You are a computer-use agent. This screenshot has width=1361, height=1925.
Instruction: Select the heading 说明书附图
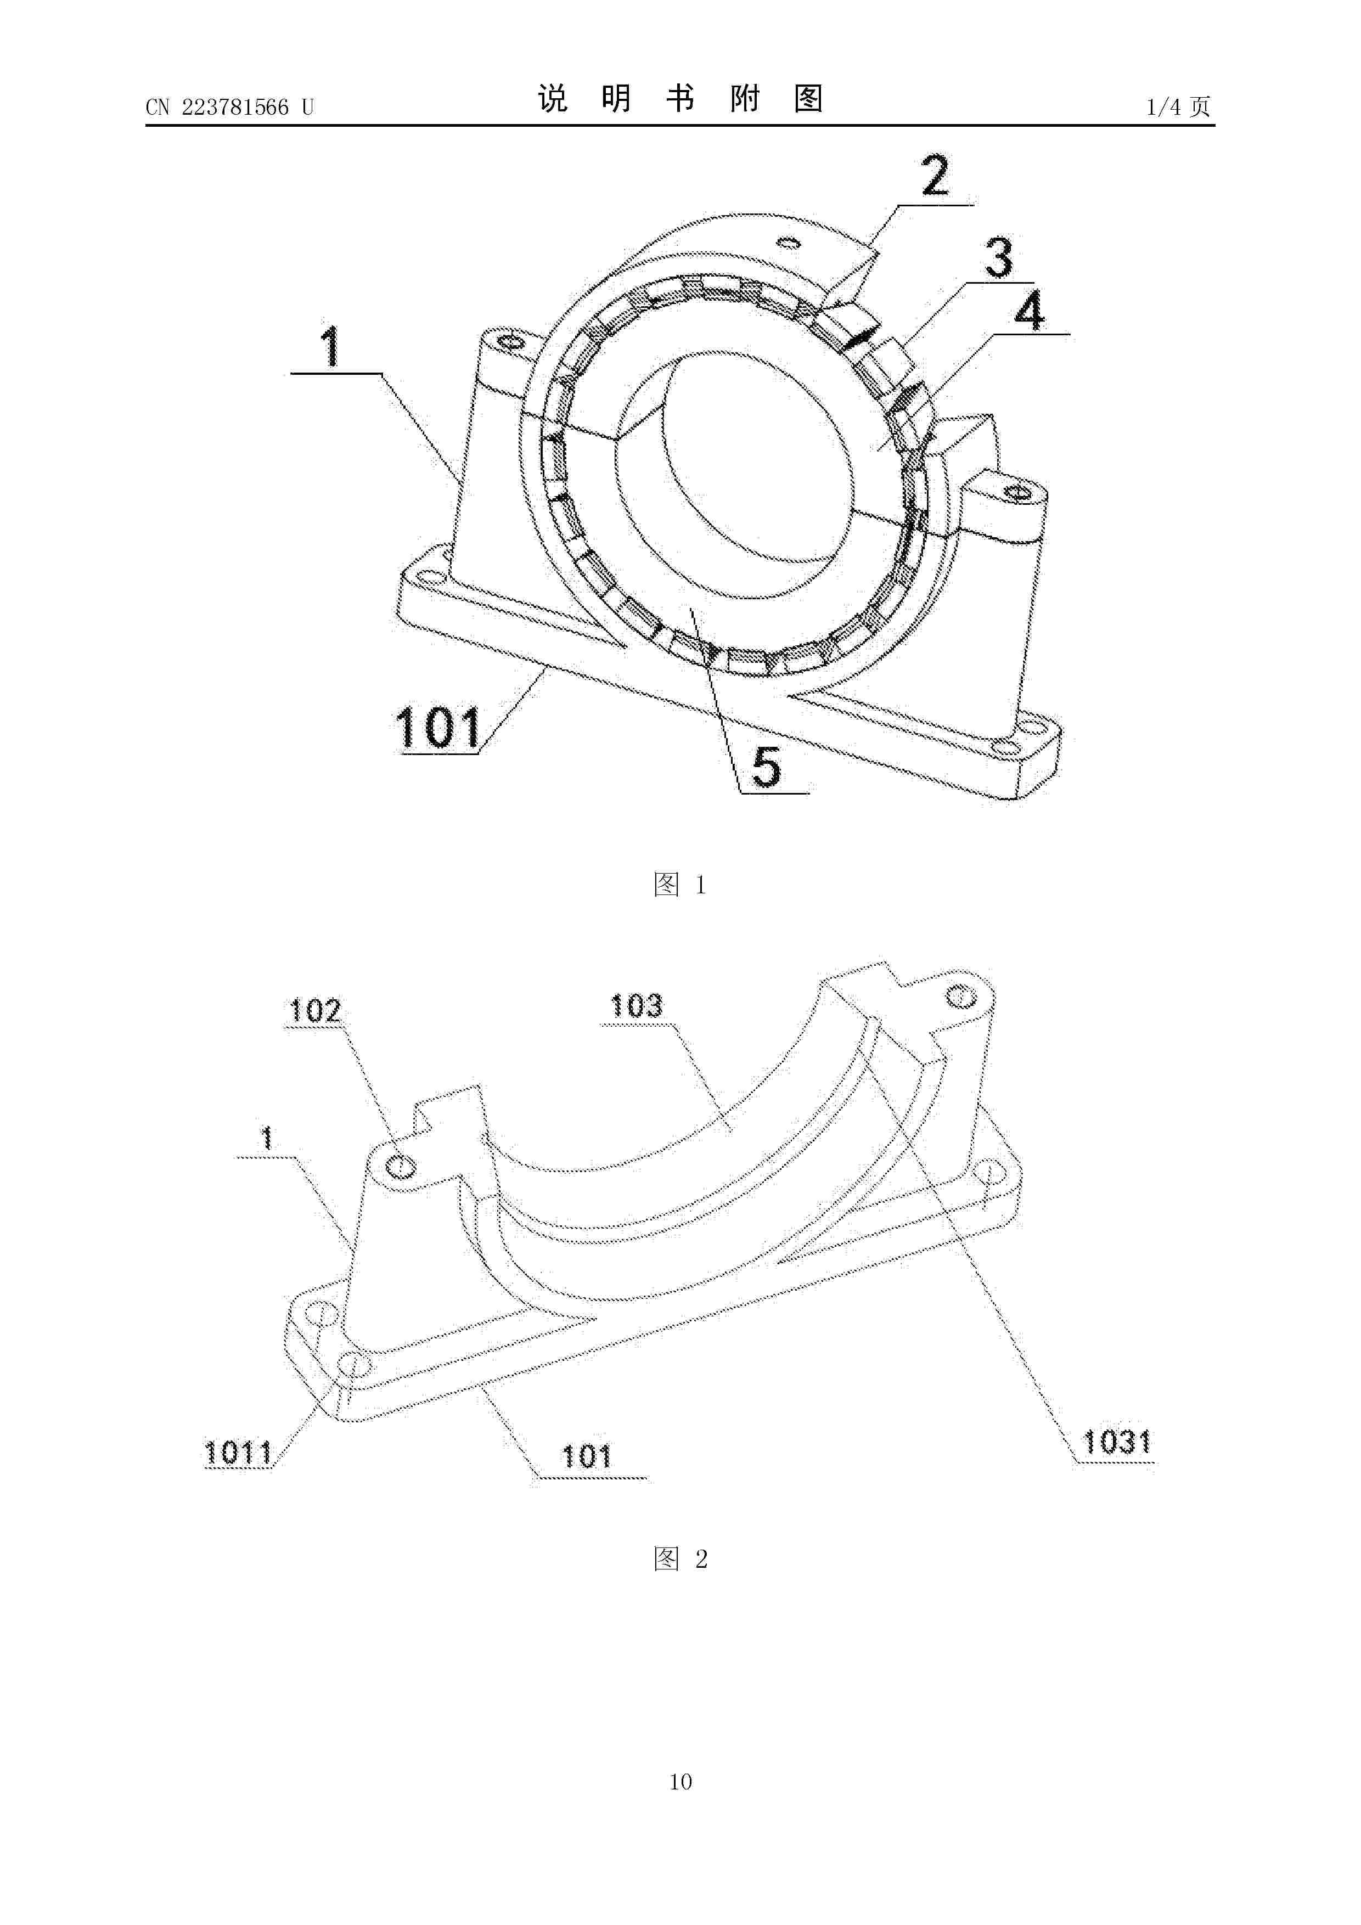(x=680, y=99)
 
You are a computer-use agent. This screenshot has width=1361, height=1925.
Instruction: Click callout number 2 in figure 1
(x=935, y=175)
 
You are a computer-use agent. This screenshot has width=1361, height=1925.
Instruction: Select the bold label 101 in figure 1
(x=438, y=728)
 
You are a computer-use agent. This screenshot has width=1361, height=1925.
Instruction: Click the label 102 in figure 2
(x=314, y=1011)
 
